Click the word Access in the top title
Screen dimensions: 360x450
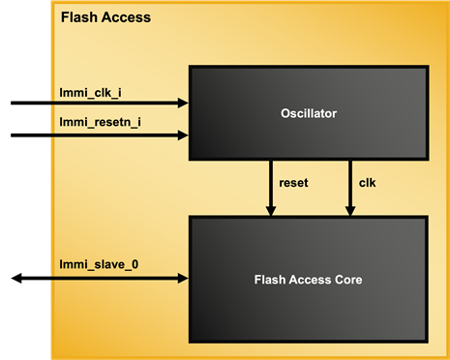click(x=129, y=18)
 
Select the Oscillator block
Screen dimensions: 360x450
click(x=308, y=113)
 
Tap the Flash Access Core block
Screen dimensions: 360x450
click(x=308, y=280)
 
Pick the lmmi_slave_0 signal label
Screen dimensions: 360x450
click(x=99, y=263)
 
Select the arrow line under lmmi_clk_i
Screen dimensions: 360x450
click(x=116, y=103)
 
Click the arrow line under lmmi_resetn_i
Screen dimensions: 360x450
click(x=116, y=135)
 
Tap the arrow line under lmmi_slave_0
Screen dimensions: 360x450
click(x=116, y=278)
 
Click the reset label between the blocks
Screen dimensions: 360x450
click(x=293, y=181)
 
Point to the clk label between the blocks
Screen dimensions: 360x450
click(x=367, y=181)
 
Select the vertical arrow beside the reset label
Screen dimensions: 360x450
click(x=271, y=184)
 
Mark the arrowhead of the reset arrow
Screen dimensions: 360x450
click(x=271, y=211)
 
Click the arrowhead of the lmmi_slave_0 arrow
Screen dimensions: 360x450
click(x=183, y=278)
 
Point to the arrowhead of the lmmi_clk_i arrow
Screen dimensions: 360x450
click(x=183, y=103)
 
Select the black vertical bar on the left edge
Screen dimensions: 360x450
click(x=25, y=180)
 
